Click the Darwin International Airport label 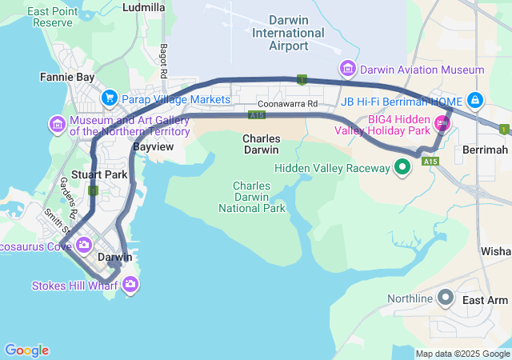pos(288,34)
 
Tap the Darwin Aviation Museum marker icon pos(348,70)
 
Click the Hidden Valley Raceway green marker pos(403,167)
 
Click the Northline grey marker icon pos(446,298)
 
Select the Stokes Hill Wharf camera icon pos(131,285)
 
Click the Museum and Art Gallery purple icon pos(57,125)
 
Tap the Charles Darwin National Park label pos(252,197)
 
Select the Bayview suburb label pos(152,148)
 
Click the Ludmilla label pos(145,7)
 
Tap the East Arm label pos(485,300)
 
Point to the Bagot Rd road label pos(163,61)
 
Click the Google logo pos(26,350)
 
